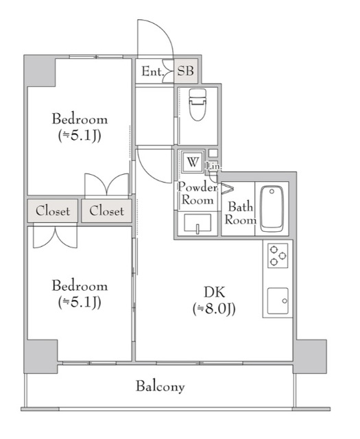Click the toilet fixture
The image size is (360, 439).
pos(197,105)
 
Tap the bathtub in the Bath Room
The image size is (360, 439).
pos(272,209)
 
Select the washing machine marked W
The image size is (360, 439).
pos(193,162)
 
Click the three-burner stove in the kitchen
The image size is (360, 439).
pos(278,256)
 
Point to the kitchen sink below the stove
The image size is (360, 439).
pos(278,301)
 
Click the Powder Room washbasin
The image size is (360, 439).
pos(197,223)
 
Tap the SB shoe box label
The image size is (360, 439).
pos(186,71)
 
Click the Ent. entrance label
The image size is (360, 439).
pos(152,71)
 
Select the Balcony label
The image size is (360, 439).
pos(160,386)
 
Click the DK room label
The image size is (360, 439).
pos(215,292)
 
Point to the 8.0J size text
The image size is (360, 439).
pos(214,309)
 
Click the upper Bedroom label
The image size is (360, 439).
pos(80,119)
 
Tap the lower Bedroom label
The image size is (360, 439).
pos(80,286)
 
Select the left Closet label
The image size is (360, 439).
pos(53,211)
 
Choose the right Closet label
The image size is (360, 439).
pos(107,211)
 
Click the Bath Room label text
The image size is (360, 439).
pos(240,213)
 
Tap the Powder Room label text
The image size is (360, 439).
pos(197,193)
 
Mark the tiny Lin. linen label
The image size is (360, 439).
pos(213,166)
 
